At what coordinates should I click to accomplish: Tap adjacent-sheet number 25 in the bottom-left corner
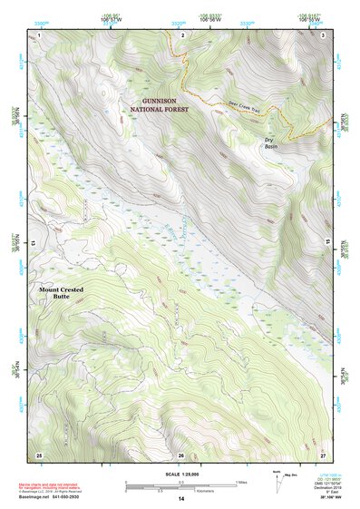pos(39,454)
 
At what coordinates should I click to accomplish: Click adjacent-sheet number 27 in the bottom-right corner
pos(323,454)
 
